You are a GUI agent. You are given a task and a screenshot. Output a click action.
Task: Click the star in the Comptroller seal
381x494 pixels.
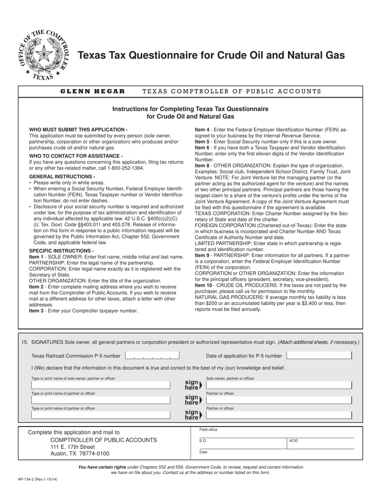point(43,53)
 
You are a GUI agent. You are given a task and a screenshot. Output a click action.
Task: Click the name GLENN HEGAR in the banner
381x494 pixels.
point(93,91)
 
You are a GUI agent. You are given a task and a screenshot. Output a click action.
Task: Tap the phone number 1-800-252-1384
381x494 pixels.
point(124,168)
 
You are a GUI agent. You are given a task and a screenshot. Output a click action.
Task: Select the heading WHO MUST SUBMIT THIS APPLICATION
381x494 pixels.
point(78,130)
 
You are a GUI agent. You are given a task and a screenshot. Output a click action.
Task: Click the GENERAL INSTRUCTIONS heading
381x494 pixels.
point(62,177)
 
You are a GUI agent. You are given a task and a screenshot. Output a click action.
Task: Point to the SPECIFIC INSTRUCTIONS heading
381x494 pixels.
point(61,251)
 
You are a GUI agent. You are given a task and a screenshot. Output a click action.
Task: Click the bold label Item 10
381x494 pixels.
point(204,285)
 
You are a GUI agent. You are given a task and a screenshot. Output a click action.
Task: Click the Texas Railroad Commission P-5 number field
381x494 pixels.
point(152,355)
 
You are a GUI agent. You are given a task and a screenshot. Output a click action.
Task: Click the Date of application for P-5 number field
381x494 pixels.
point(319,355)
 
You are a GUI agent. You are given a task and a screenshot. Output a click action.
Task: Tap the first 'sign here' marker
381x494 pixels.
point(193,385)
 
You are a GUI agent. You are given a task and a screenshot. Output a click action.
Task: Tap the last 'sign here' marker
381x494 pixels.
point(193,415)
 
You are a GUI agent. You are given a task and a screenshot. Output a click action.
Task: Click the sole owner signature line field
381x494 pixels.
point(279,385)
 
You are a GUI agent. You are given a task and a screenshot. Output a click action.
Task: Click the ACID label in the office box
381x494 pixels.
point(294,441)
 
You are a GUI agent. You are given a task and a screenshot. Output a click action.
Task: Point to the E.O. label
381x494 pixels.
point(203,441)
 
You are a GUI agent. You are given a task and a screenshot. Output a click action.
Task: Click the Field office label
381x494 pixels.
point(209,430)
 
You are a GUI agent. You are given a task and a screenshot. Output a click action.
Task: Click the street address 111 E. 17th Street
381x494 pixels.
point(73,447)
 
